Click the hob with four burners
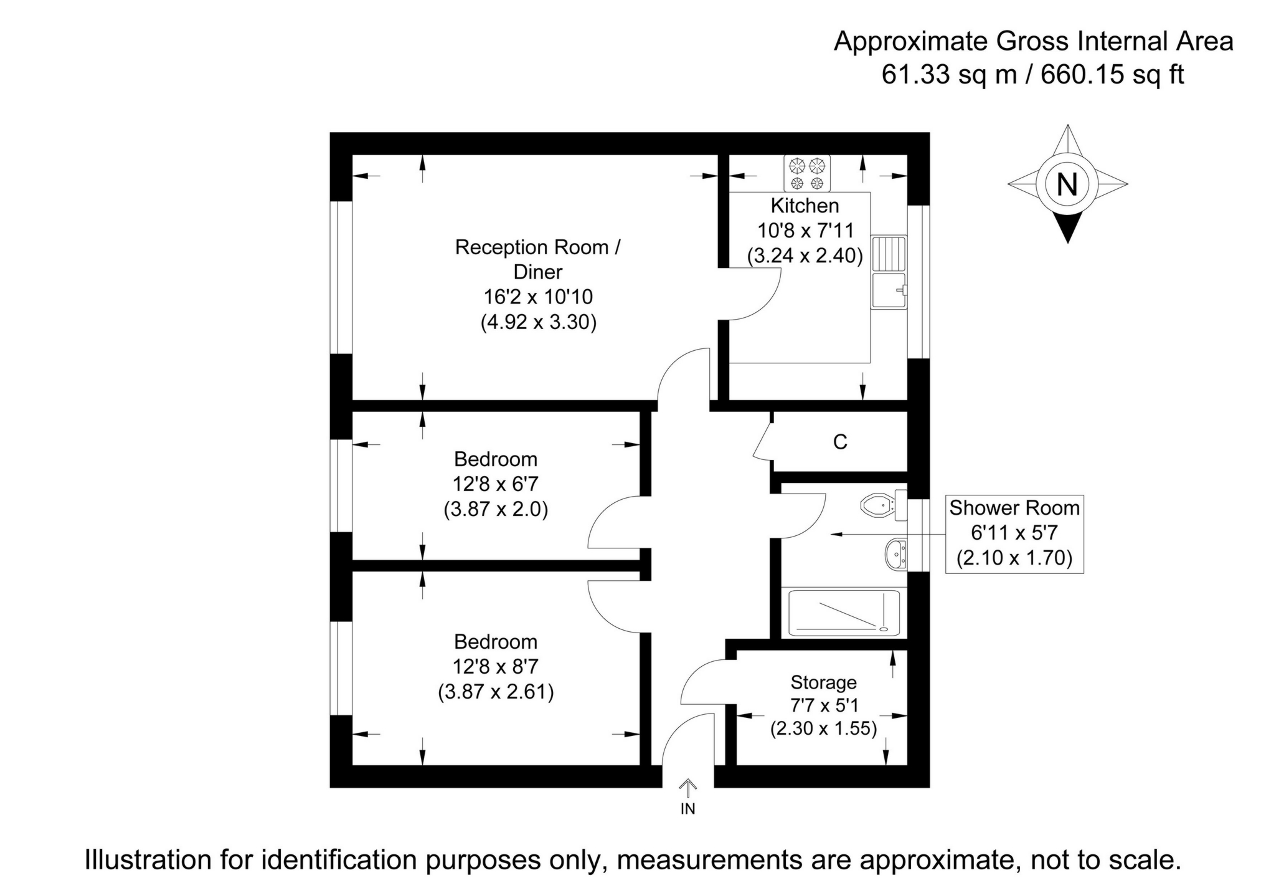(806, 173)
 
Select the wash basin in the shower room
(895, 554)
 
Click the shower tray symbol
(844, 613)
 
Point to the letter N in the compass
(1067, 184)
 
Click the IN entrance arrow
(687, 789)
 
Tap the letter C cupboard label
(840, 442)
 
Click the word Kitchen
(805, 205)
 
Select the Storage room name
(823, 682)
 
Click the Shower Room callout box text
(1014, 508)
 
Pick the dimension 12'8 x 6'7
(495, 484)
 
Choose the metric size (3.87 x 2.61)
(496, 692)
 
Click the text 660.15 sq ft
(1112, 75)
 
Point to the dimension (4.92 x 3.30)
(538, 322)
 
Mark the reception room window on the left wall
(341, 277)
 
